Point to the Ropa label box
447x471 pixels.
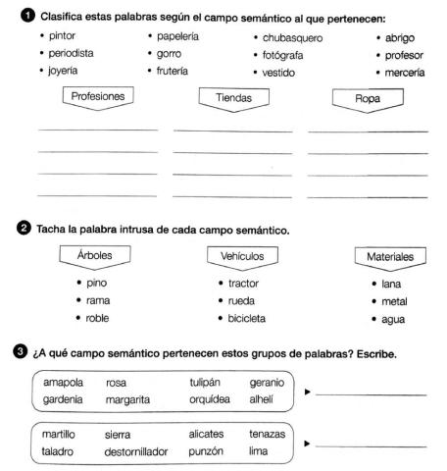click(362, 97)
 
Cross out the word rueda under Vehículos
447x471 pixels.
click(241, 300)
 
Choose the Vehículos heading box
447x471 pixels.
click(239, 256)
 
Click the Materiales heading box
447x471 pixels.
click(383, 256)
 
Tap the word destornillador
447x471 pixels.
click(136, 451)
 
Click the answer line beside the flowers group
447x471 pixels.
click(371, 394)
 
